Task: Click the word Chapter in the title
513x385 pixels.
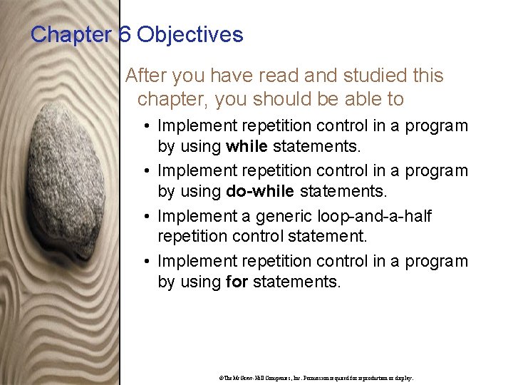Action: pos(72,34)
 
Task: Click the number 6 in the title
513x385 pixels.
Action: pos(125,34)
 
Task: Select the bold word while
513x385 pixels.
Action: pos(247,147)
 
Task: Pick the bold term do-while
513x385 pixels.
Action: pos(261,192)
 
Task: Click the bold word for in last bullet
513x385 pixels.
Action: pos(236,282)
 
